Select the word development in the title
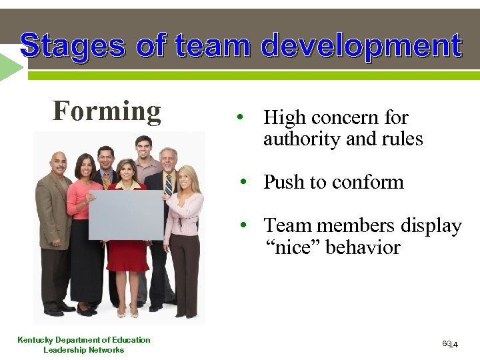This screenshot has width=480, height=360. (361, 46)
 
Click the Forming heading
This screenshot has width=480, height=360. (107, 111)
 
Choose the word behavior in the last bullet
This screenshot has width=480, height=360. (363, 247)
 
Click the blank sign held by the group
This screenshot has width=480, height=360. (126, 215)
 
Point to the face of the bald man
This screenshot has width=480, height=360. (59, 163)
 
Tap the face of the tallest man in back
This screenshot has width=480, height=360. (144, 147)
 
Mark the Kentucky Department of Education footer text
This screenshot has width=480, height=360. (84, 340)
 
